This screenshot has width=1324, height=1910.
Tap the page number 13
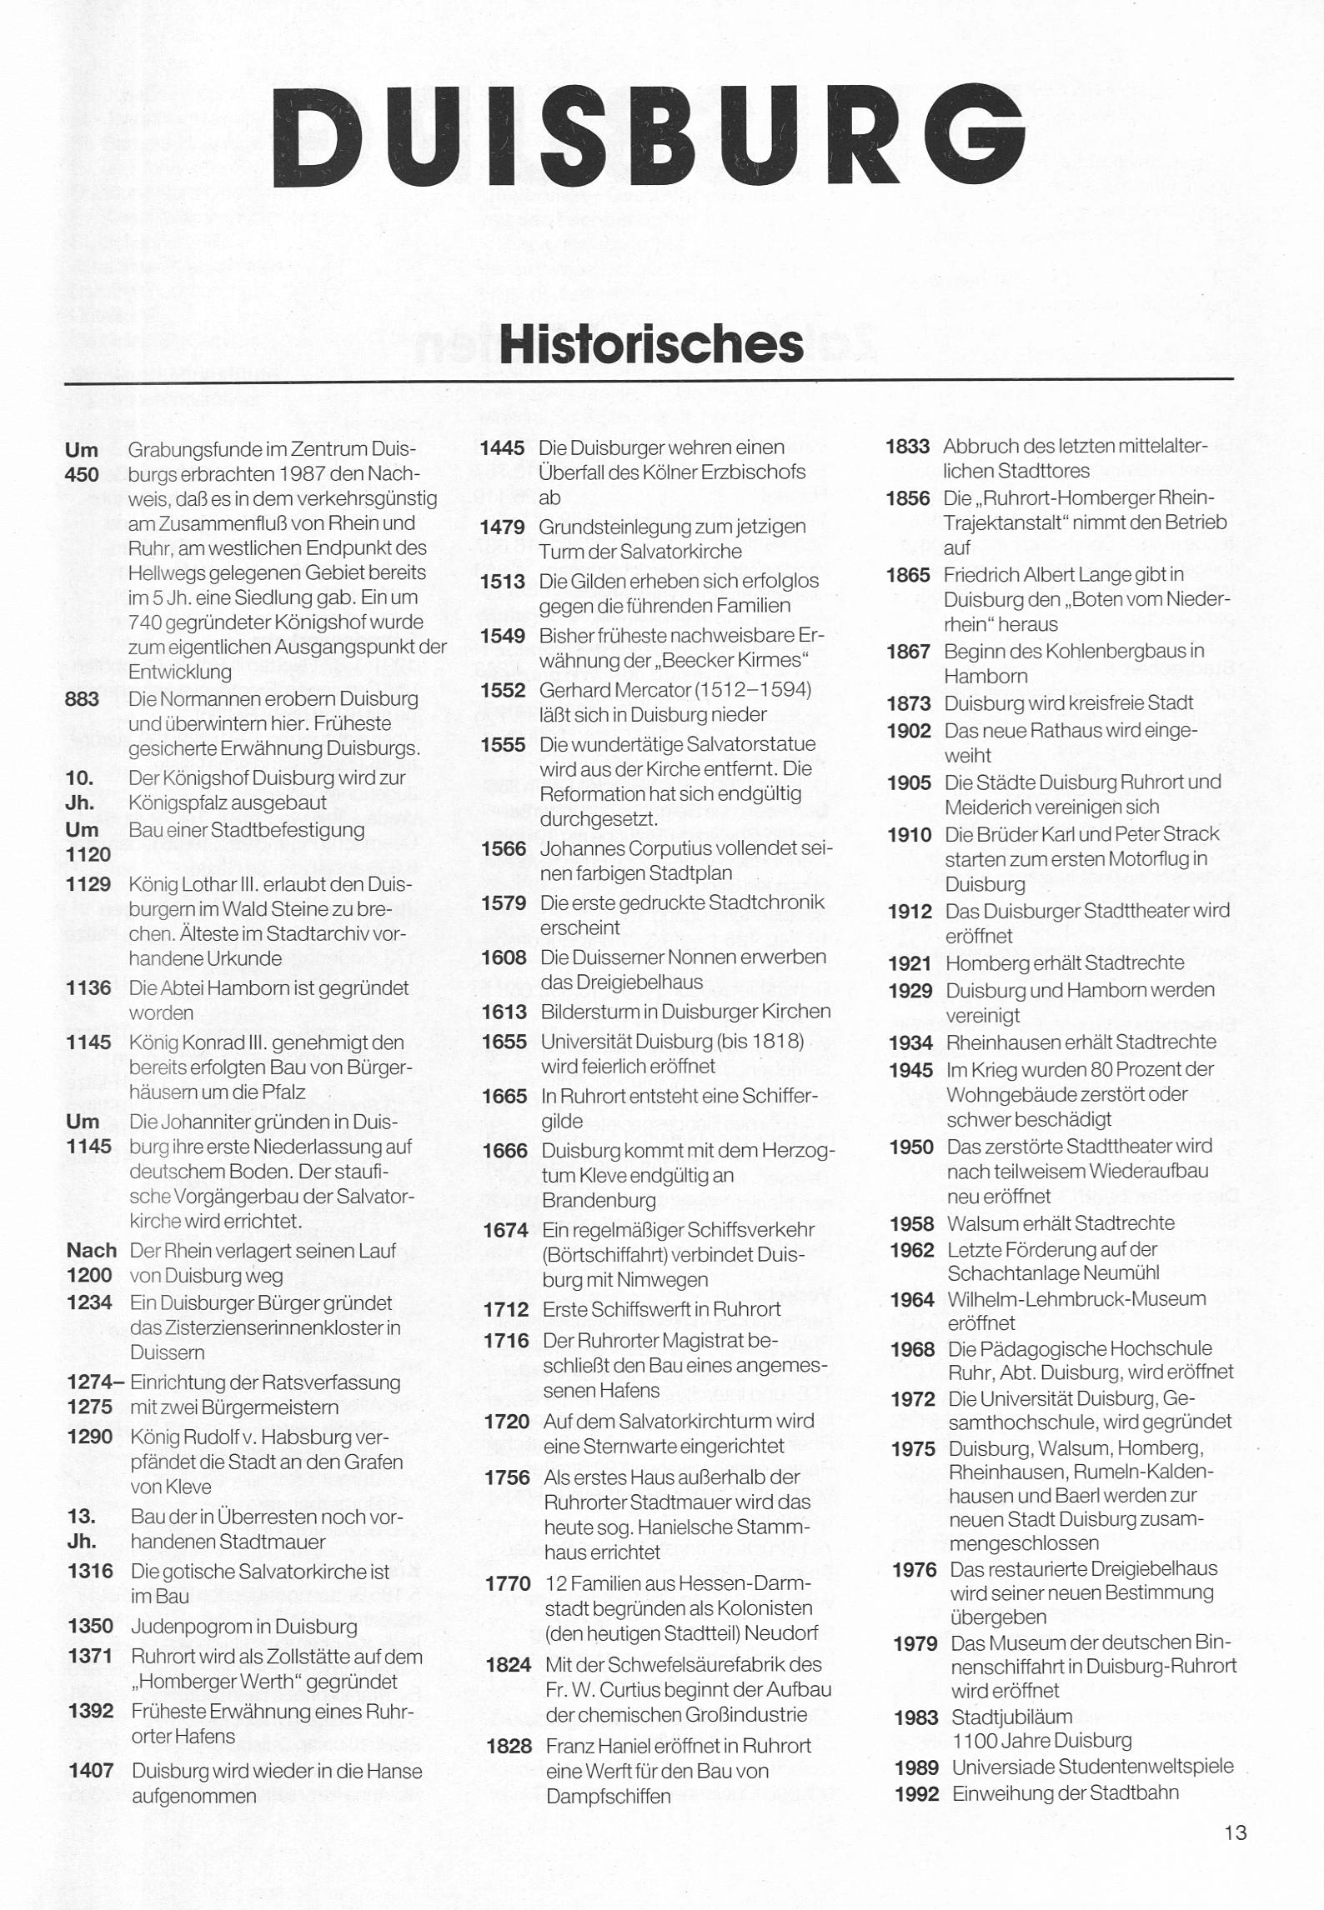pos(1236,1832)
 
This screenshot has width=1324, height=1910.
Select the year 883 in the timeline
pos(82,699)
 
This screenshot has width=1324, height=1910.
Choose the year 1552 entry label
pos(503,690)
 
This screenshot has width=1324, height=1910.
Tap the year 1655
pos(504,1042)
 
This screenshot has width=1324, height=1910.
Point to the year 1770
pos(508,1583)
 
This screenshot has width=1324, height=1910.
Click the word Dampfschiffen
pos(609,1797)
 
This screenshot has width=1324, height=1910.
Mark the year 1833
pos(907,447)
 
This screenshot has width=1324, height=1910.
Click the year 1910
pos(909,834)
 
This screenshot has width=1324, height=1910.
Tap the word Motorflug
pos(1121,858)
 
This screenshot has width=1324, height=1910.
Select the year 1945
pos(910,1070)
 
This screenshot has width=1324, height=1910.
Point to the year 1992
pos(916,1793)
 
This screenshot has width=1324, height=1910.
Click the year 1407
pos(91,1771)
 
